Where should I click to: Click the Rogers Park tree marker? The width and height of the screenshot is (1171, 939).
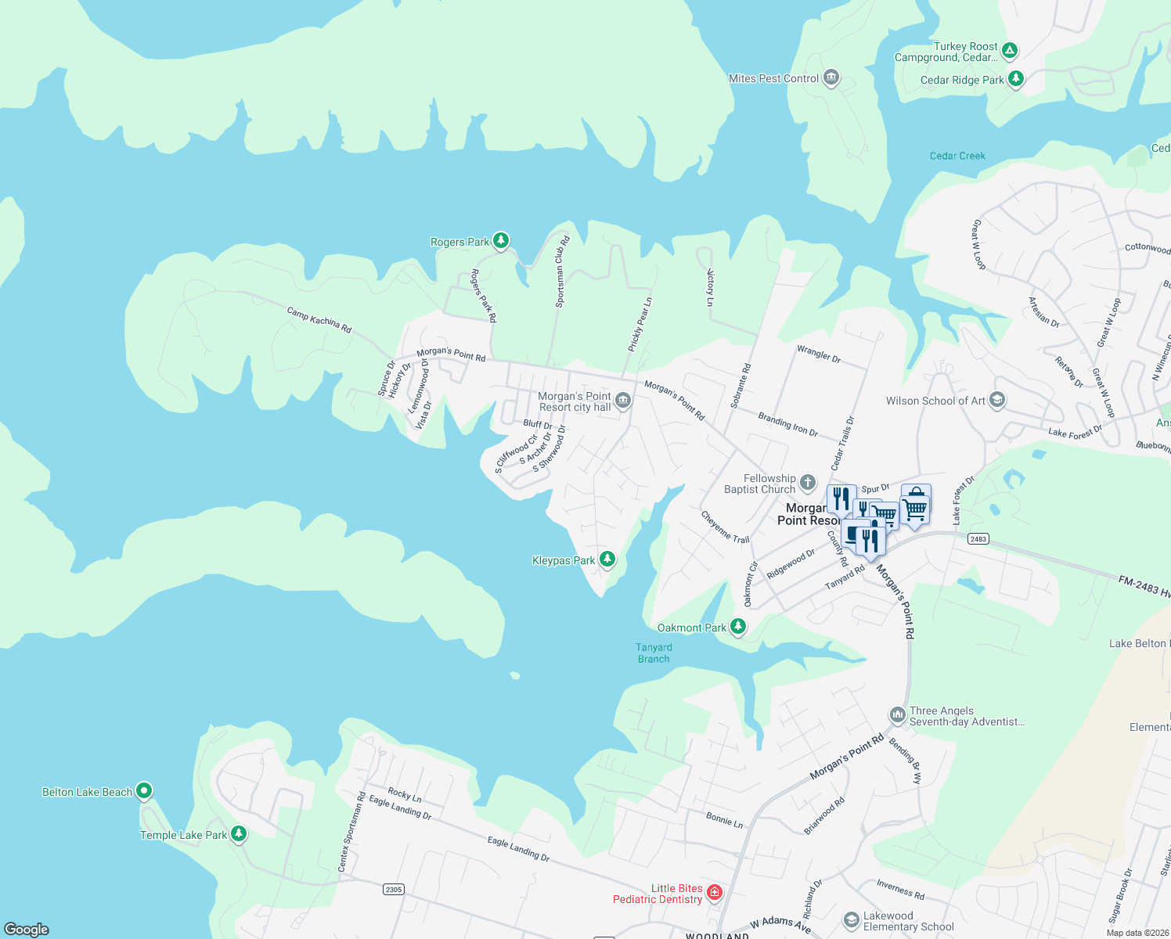(501, 240)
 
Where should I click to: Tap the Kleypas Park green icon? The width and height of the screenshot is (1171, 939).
(607, 559)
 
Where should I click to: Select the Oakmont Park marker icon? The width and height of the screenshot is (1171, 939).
(737, 626)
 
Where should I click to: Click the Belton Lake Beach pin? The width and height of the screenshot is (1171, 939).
(143, 790)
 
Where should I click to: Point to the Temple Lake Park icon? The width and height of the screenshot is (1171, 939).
(239, 833)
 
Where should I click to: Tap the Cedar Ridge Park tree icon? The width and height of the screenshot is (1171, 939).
(1015, 78)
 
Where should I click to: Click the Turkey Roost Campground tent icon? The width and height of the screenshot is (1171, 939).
(1010, 51)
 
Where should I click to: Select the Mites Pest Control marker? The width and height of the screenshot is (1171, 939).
(831, 77)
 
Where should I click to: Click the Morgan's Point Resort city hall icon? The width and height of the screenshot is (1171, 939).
(623, 401)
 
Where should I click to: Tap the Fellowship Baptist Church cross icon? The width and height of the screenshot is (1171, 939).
(808, 483)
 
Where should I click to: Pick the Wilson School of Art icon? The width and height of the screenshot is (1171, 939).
(996, 400)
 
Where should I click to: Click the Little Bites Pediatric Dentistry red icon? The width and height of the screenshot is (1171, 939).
(714, 892)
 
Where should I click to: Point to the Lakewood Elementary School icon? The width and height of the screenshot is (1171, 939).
(851, 920)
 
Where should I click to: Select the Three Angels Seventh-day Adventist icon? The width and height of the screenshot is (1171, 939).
(897, 715)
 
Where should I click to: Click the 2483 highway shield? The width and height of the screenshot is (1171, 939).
(978, 538)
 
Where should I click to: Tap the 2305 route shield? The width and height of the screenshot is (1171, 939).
(394, 889)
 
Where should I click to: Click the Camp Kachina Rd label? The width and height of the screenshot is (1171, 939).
(319, 319)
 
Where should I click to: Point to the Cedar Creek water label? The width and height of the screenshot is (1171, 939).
(957, 156)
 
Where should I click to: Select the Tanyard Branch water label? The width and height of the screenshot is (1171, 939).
(654, 653)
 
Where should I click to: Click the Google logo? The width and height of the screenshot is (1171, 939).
(27, 929)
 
